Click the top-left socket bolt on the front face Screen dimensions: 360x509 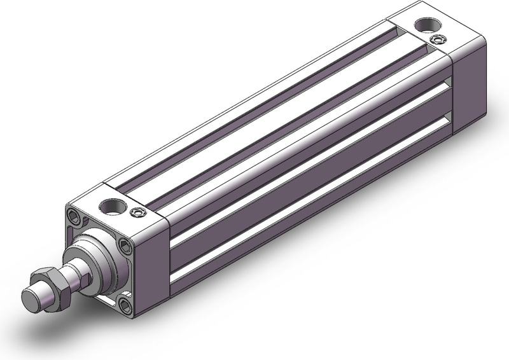tap(76, 215)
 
